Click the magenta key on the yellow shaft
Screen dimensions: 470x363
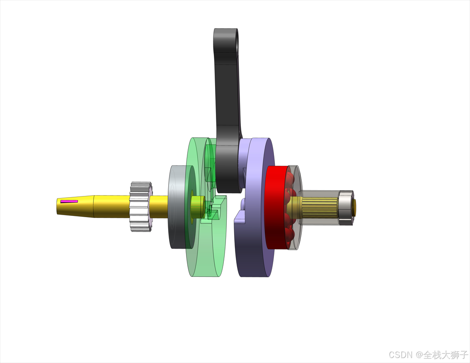[69, 201]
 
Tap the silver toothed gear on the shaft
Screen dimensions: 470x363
[141, 206]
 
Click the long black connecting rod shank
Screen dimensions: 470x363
[227, 90]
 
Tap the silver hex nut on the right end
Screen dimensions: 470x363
[346, 208]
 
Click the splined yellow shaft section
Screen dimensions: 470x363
[319, 208]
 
